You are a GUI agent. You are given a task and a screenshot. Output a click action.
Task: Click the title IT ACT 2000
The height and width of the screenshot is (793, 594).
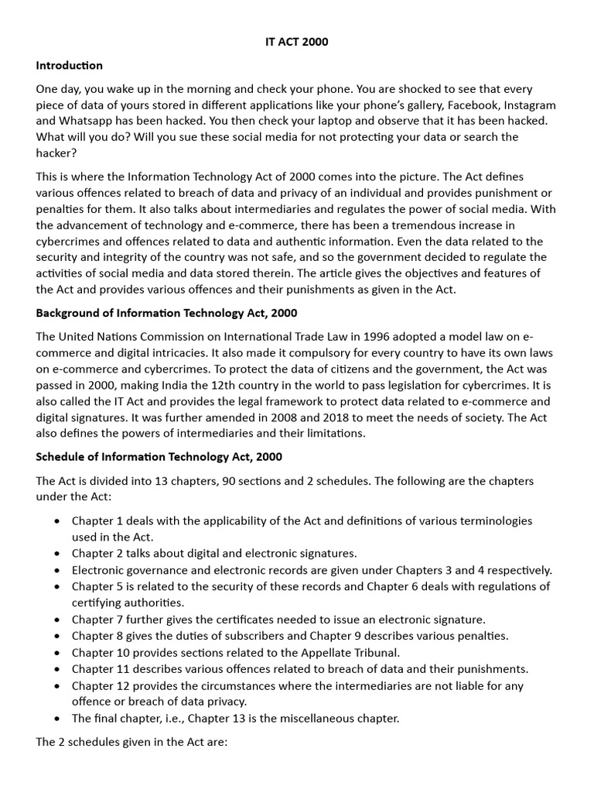click(296, 42)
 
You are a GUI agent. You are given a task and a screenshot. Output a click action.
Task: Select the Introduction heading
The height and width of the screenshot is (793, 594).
click(70, 65)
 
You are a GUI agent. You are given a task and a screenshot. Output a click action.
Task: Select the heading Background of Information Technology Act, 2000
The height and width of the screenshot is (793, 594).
click(166, 313)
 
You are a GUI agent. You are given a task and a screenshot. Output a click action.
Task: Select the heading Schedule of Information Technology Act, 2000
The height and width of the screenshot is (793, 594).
click(159, 457)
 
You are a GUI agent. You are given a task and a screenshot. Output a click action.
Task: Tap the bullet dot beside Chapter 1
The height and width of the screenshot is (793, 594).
click(57, 521)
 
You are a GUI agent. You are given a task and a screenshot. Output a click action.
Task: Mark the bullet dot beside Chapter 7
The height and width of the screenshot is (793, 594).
click(57, 620)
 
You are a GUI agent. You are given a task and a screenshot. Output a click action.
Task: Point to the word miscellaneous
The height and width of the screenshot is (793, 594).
click(331, 718)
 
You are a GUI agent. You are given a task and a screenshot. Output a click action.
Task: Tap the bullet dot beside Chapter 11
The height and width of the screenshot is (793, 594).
click(57, 669)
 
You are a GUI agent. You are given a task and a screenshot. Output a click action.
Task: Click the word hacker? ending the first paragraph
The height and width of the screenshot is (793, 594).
click(56, 153)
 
